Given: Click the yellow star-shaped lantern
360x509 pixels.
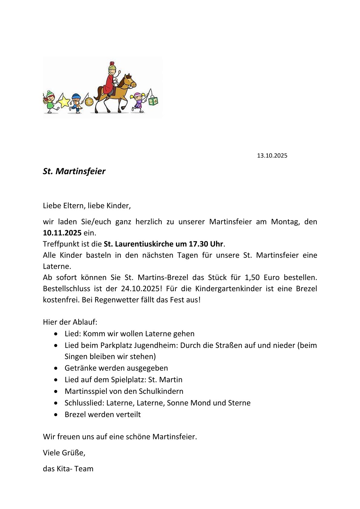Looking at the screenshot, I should pyautogui.click(x=64, y=102).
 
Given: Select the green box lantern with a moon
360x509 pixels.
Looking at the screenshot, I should pyautogui.click(x=153, y=101).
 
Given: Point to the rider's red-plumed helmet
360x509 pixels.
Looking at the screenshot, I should pyautogui.click(x=112, y=66).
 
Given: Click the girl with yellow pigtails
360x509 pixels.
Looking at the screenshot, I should pyautogui.click(x=138, y=102).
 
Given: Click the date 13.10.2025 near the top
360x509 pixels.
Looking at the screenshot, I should pyautogui.click(x=272, y=156).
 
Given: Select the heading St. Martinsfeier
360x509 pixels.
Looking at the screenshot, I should pyautogui.click(x=74, y=171).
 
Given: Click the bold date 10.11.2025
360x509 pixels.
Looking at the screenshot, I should pyautogui.click(x=62, y=233).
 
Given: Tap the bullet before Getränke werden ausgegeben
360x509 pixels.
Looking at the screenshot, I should pyautogui.click(x=56, y=368).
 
